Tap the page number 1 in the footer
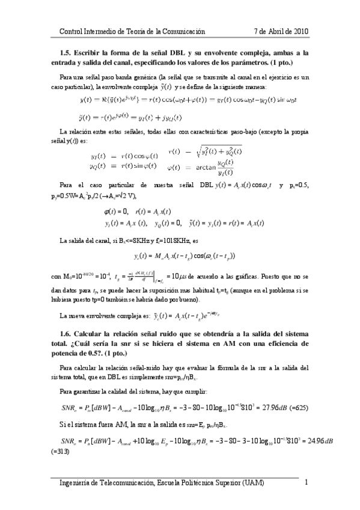[306, 483]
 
